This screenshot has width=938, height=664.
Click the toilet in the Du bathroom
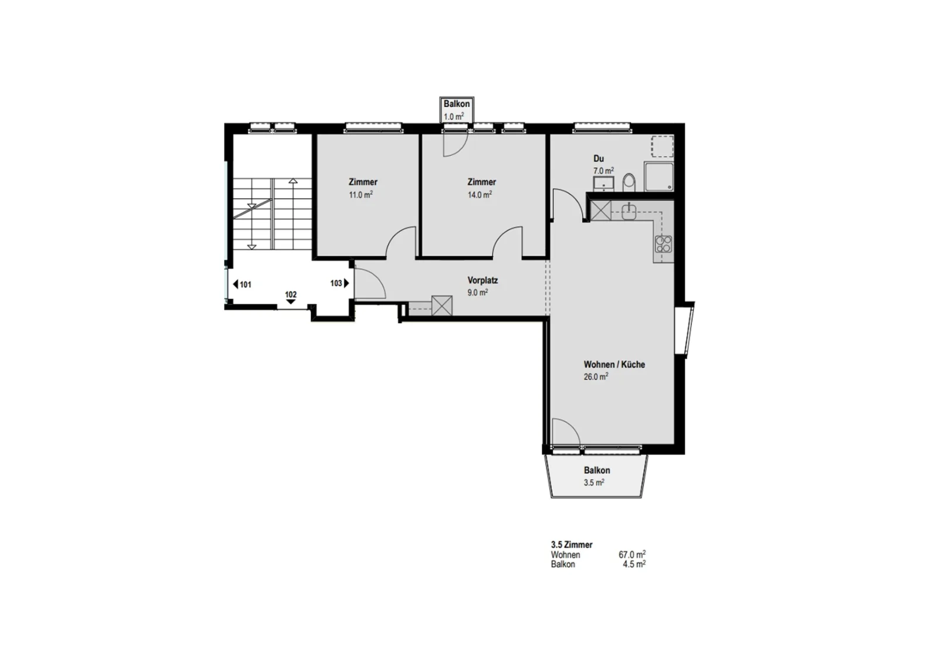coord(628,182)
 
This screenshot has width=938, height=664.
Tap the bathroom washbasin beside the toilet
coord(603,184)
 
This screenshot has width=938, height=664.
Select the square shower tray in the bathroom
coord(659,177)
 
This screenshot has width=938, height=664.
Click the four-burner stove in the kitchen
coord(663,244)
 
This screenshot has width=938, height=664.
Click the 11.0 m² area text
coord(361,195)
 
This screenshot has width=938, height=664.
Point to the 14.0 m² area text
coord(480,195)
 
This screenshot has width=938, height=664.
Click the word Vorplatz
coord(482,280)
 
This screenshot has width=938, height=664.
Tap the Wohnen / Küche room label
coord(614,364)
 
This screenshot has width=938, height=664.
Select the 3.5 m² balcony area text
coord(594,483)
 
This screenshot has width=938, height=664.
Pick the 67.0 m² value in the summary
coord(632,555)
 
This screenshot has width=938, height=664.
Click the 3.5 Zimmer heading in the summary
coord(572,544)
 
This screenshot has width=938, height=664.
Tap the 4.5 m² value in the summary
coord(634,564)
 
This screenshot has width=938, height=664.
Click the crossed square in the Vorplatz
coord(442,306)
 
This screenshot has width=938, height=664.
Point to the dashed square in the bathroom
coord(662,147)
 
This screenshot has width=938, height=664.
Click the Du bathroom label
coord(599,159)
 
